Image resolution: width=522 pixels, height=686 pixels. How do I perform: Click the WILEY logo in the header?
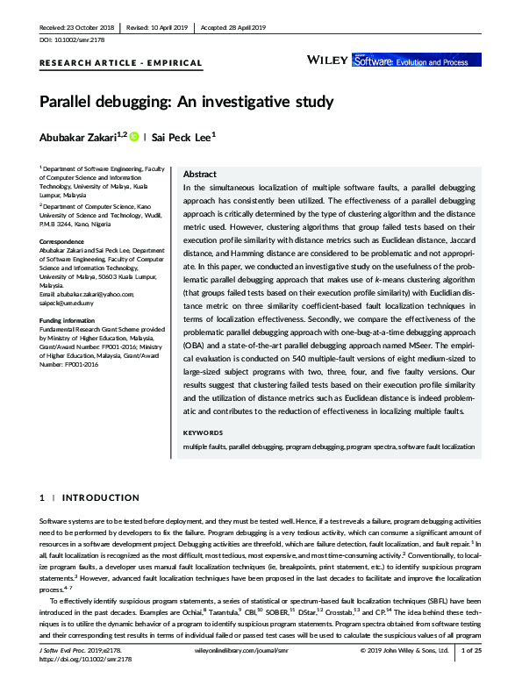327,59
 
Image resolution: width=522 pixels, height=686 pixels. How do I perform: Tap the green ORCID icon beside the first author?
134,137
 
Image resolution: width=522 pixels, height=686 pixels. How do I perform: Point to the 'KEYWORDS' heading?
203,433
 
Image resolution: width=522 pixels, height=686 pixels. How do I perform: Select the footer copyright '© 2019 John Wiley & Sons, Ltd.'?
404,675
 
